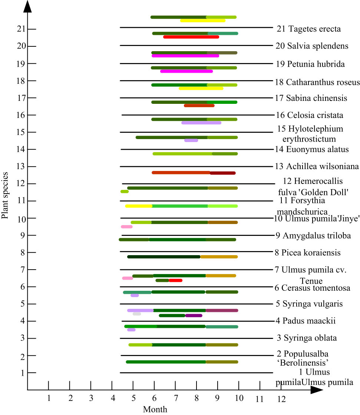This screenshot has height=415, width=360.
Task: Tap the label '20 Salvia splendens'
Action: click(x=312, y=46)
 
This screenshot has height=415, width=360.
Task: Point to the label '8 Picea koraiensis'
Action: click(x=308, y=253)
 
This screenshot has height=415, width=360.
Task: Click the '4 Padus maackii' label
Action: click(x=305, y=321)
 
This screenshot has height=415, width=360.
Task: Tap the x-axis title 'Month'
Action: click(x=155, y=409)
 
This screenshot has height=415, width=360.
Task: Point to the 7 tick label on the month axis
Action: click(x=176, y=398)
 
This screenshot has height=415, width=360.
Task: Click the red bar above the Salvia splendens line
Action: click(x=191, y=37)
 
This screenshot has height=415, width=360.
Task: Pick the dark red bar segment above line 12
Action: click(x=223, y=173)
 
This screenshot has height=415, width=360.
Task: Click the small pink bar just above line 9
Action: click(x=126, y=227)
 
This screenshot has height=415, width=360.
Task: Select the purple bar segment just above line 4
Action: click(x=194, y=316)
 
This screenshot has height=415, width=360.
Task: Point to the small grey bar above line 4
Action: click(x=136, y=314)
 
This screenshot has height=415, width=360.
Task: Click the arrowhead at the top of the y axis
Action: click(x=27, y=6)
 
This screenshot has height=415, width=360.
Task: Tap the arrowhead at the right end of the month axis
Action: click(x=317, y=390)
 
